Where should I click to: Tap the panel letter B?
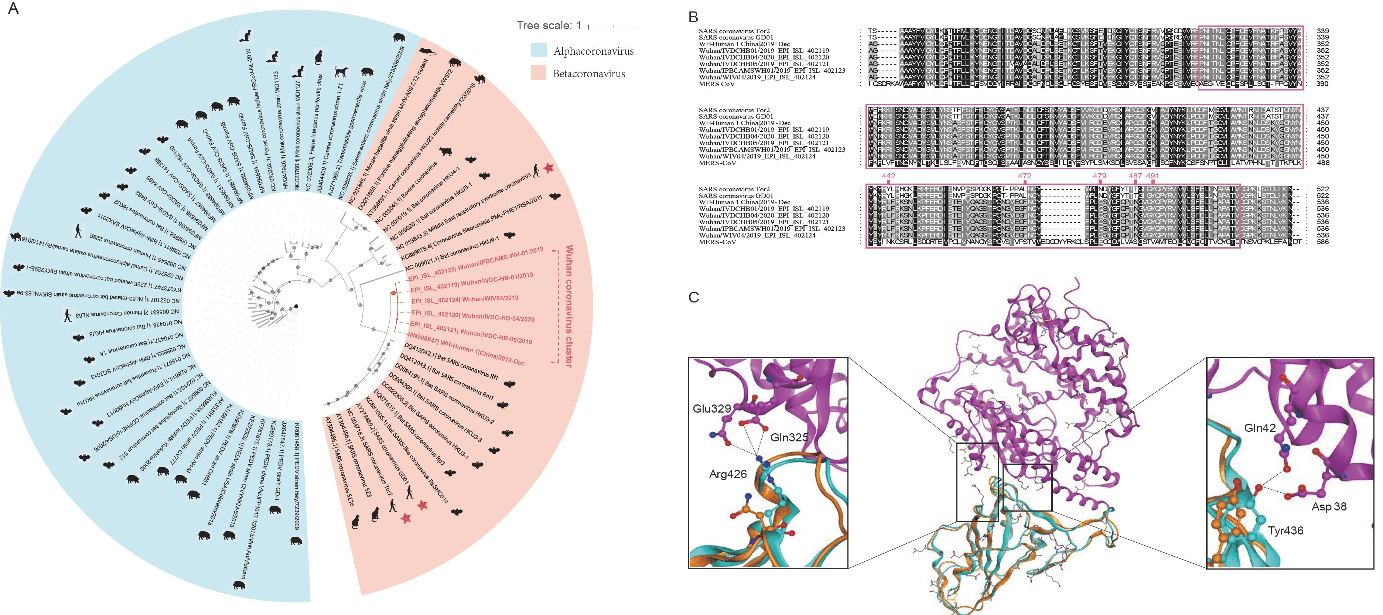pos(693,17)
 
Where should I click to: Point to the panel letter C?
pos(694,297)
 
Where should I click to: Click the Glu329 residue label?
pos(711,409)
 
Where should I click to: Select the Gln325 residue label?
pos(789,437)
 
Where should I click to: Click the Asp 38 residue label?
pos(1329,507)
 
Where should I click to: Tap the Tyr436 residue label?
pos(1285,531)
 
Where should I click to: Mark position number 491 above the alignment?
pos(1152,176)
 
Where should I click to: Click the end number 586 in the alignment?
pos(1322,242)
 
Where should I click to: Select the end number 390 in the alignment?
pos(1322,84)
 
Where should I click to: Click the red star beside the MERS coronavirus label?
pos(548,168)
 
